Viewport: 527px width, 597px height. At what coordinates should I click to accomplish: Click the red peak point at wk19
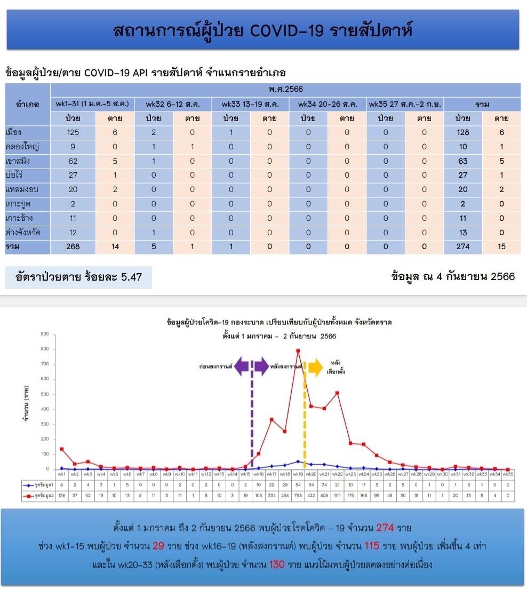[298, 351]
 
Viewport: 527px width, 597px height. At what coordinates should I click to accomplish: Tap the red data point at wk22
[337, 393]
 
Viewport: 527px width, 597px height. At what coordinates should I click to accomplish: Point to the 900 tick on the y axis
[45, 334]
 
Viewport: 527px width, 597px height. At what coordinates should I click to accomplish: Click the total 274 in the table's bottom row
[462, 247]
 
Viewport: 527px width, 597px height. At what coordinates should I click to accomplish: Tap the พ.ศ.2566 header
[285, 89]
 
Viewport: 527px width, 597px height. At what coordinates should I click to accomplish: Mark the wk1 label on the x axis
[61, 474]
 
